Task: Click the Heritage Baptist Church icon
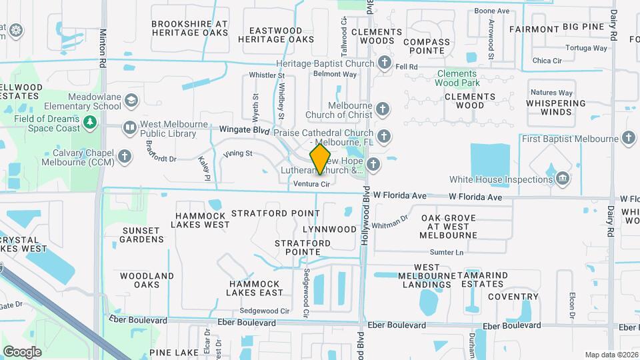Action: [384, 63]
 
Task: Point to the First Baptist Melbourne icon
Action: [627, 139]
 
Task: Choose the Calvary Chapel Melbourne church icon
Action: [125, 156]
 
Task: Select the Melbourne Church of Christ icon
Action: [382, 108]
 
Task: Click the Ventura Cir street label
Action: [312, 183]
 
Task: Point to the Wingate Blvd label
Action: [244, 131]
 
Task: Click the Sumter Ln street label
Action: [446, 253]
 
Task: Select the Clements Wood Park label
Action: [457, 78]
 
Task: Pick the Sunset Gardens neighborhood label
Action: [142, 235]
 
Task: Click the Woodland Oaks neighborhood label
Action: [147, 280]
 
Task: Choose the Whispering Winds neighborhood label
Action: [555, 107]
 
